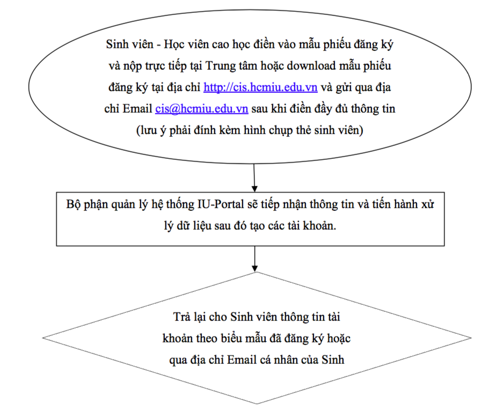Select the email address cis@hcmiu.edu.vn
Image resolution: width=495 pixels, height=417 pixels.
coord(201,108)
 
